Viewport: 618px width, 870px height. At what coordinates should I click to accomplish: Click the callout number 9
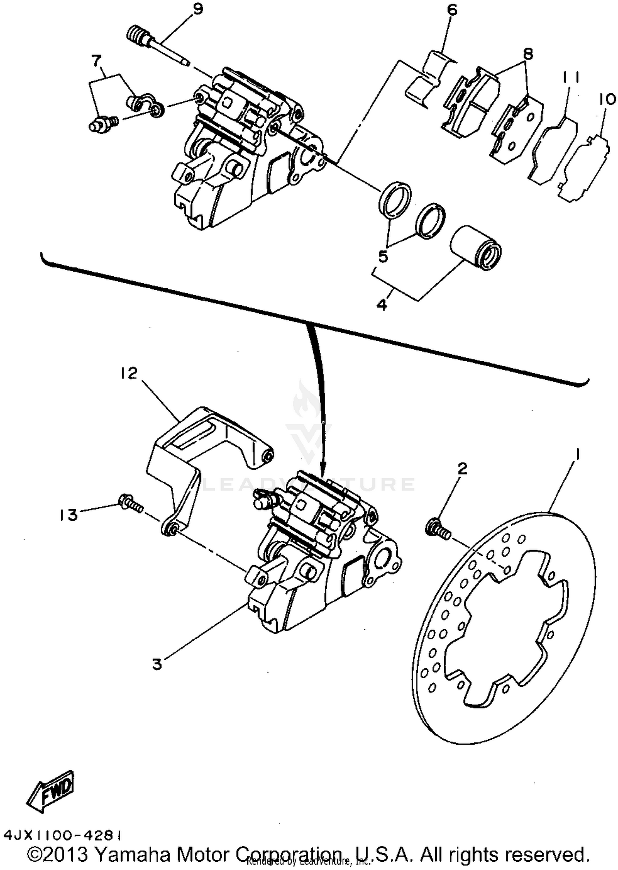pos(198,9)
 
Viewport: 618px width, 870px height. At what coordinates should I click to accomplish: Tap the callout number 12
pos(129,374)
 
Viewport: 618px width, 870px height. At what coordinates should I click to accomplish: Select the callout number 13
pos(68,515)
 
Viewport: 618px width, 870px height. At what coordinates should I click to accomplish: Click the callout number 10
pos(608,99)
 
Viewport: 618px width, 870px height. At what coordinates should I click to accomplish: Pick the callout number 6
pos(452,10)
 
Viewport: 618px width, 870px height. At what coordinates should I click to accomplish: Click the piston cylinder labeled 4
pos(476,247)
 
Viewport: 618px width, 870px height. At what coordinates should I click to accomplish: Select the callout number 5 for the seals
pos(383,256)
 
